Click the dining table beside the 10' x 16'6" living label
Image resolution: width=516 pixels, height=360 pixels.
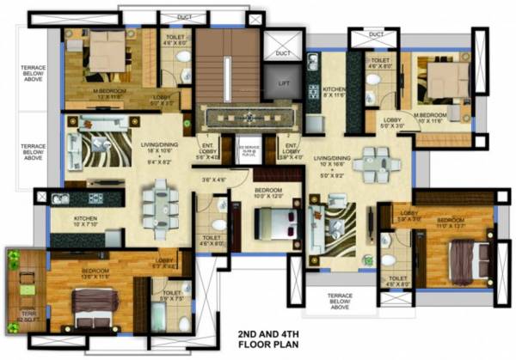tap(374, 161)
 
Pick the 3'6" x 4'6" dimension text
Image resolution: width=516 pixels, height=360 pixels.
tap(212, 180)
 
